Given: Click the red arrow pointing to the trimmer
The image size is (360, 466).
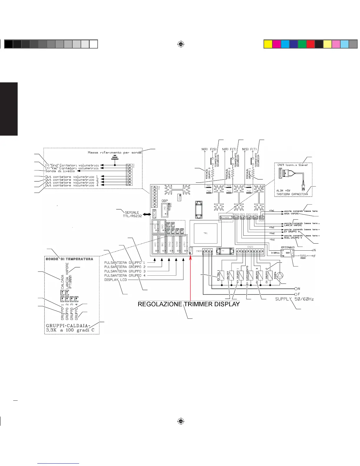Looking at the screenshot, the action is tap(191, 277).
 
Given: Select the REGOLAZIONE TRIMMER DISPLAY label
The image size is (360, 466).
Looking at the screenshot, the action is tap(189, 304).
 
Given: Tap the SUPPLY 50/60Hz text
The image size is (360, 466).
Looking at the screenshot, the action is tap(294, 299).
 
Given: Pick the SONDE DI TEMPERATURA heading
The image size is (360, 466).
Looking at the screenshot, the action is tap(69, 259).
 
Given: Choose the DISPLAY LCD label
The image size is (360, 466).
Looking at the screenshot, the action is tap(115, 280).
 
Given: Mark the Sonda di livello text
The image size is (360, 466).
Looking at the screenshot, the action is tap(60, 171).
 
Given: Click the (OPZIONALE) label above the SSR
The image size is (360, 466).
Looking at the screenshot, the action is tap(288, 247).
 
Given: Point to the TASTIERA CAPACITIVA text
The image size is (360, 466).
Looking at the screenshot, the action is tap(292, 194).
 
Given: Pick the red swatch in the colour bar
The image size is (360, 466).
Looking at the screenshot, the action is tap(311, 44).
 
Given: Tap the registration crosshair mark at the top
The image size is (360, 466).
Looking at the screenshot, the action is tap(181, 44).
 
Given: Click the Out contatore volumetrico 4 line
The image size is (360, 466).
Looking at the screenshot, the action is tap(72, 185).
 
